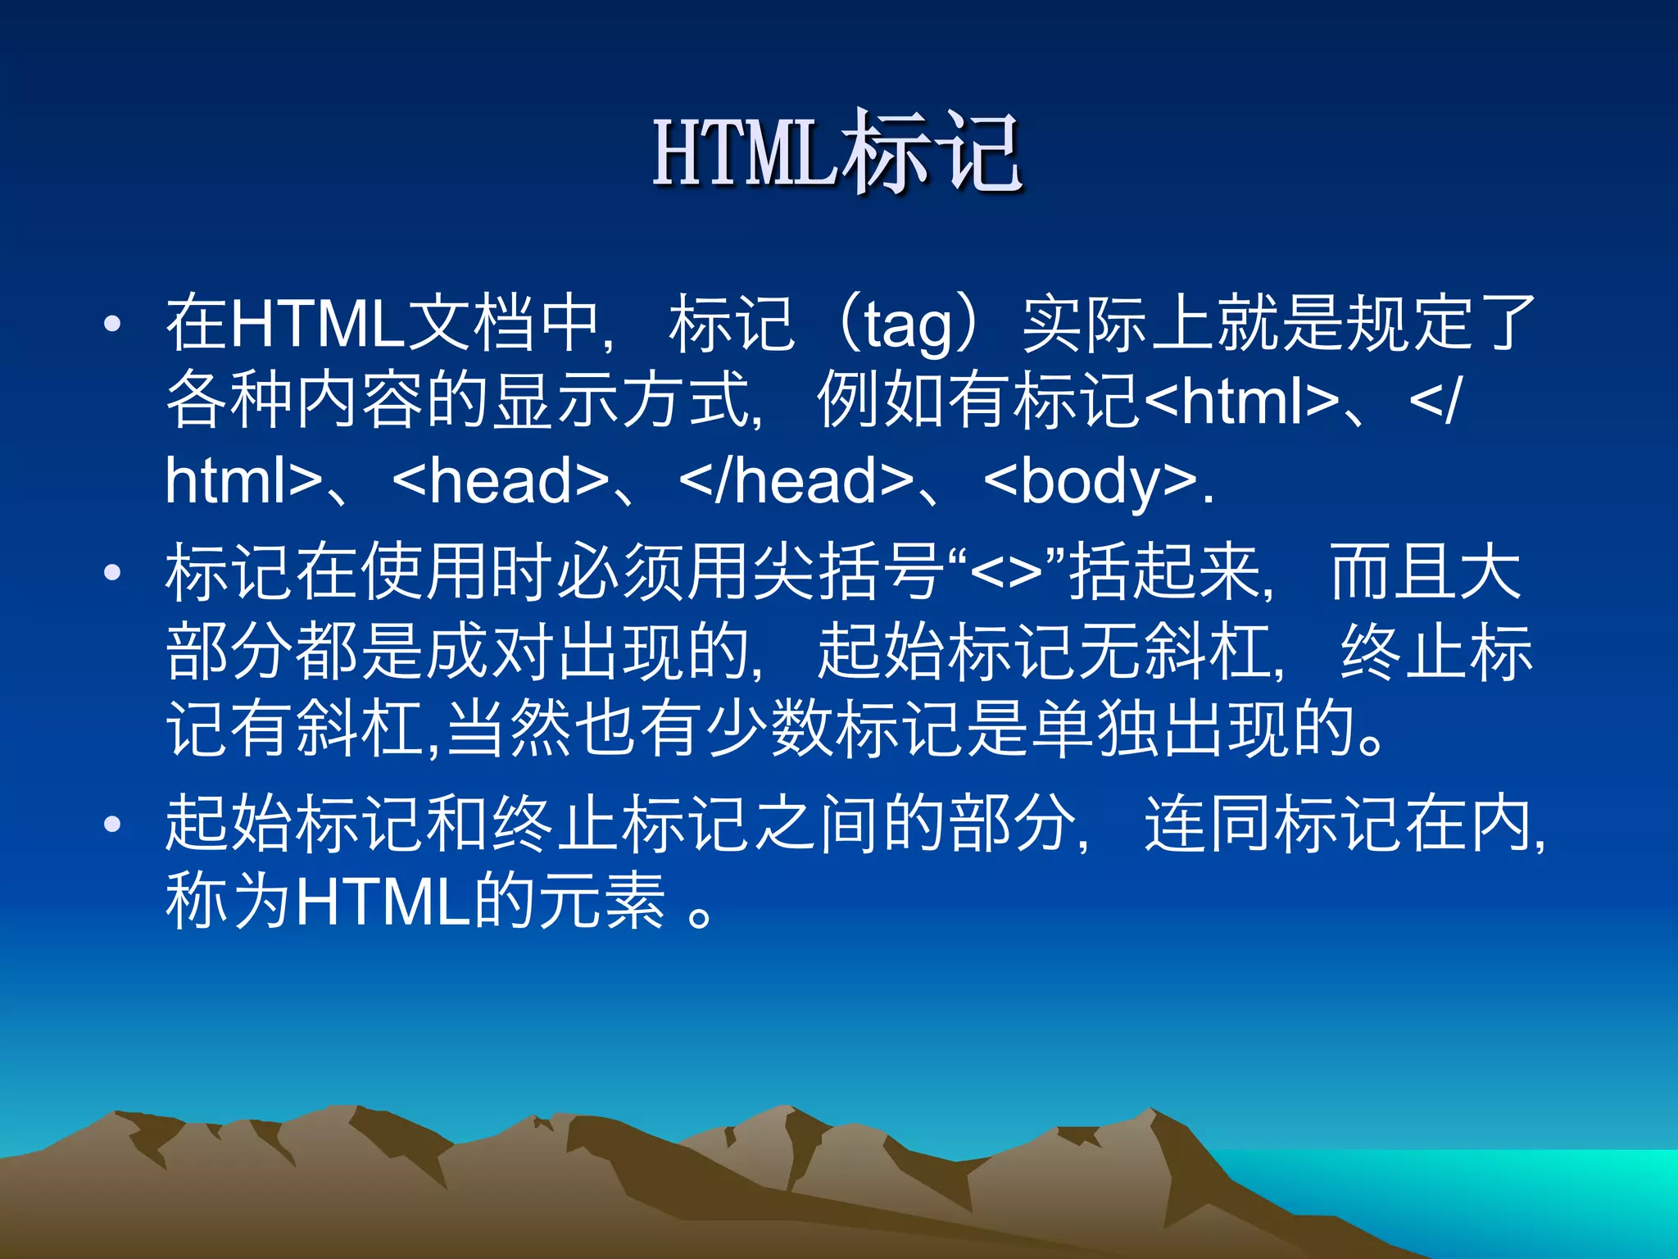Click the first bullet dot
pyautogui.click(x=112, y=325)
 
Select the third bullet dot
pyautogui.click(x=112, y=824)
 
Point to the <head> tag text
pyautogui.click(x=501, y=481)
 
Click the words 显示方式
pyautogui.click(x=623, y=402)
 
